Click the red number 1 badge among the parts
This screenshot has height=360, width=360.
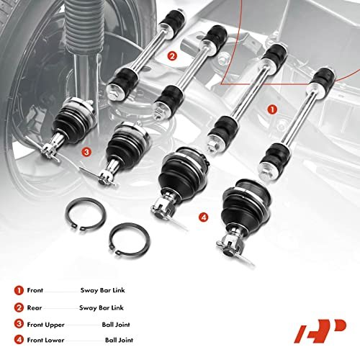tap(272, 109)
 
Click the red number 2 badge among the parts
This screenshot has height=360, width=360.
tap(172, 56)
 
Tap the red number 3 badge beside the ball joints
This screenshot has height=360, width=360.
tap(86, 152)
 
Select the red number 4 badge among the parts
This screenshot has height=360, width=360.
tap(203, 217)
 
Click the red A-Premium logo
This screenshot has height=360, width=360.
tap(320, 330)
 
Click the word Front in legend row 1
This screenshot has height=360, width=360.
tap(35, 290)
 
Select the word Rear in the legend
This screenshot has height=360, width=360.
tap(35, 307)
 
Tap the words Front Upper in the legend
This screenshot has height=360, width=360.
tap(46, 325)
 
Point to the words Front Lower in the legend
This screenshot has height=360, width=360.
tap(45, 340)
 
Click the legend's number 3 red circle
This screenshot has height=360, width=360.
tap(19, 324)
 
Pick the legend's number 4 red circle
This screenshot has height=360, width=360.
tap(19, 340)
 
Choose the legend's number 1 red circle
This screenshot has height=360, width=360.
tap(19, 290)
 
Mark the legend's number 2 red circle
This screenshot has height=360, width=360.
tap(19, 307)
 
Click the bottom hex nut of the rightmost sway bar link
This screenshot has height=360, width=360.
tap(266, 171)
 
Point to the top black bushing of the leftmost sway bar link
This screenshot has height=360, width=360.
tap(173, 20)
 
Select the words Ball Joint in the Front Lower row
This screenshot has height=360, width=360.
tap(119, 340)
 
